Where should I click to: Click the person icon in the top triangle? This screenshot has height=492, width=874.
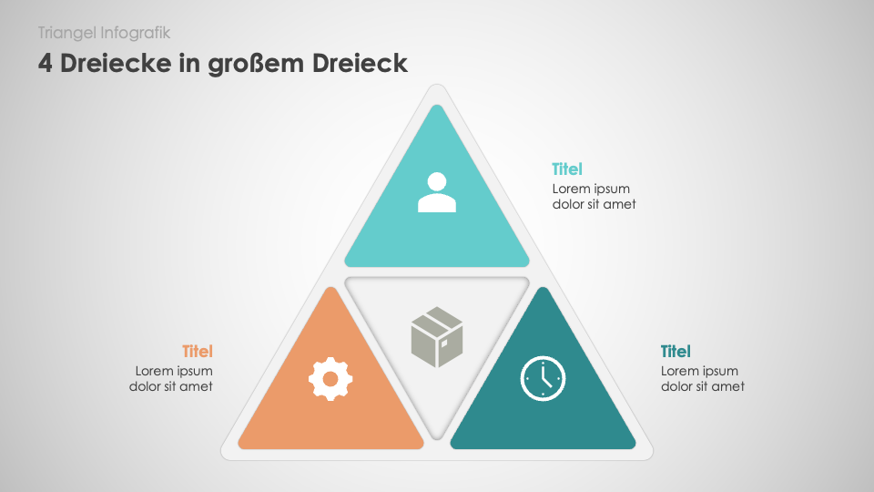pos(437,192)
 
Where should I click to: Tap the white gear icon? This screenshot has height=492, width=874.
pos(330,379)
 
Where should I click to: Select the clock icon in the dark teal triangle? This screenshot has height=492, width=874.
pos(543,378)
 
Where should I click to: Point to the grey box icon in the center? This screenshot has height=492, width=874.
pos(437,337)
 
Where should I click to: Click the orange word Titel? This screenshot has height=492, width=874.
pos(198,352)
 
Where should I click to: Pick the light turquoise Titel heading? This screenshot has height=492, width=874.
pos(567,169)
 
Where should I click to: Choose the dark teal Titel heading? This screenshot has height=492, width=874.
pos(676,352)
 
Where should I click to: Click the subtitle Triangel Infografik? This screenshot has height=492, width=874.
pos(104,33)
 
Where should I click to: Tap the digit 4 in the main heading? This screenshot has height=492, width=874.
pos(46,63)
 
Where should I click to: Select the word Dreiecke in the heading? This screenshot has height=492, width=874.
pos(116,63)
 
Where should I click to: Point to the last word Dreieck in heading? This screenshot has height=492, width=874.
pos(360,63)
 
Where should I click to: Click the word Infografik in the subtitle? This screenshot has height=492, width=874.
pos(136,33)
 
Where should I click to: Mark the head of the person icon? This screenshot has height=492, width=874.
pos(437,182)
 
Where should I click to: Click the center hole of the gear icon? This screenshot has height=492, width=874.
pos(330,379)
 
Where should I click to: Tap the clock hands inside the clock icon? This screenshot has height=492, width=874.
pos(545,374)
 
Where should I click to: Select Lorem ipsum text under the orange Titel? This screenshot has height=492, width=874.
pos(174,371)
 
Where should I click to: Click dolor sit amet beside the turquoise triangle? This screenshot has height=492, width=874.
pos(595,204)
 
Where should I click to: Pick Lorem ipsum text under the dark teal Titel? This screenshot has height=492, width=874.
pos(699,371)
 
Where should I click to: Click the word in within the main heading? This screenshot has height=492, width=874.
pos(189,63)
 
